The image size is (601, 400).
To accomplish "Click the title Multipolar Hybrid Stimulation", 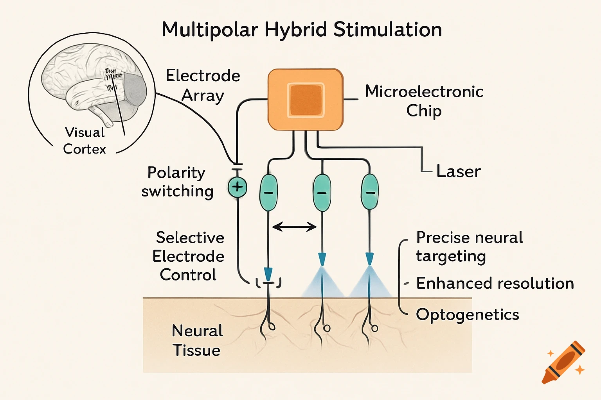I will [302, 30].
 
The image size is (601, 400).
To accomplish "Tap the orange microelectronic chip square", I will [305, 100].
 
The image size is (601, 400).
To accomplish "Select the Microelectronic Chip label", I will [424, 101].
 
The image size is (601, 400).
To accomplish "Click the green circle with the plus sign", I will [238, 187].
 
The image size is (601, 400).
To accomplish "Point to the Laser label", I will [458, 171].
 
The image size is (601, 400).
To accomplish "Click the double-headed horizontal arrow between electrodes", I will [294, 227].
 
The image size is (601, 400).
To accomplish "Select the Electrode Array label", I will [203, 85].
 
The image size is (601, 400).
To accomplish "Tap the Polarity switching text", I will [177, 182].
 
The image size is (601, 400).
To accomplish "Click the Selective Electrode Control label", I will [189, 256].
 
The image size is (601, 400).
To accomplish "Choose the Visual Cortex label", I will [85, 141].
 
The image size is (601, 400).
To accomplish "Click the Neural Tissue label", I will [197, 340].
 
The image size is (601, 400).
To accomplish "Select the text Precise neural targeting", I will [469, 246].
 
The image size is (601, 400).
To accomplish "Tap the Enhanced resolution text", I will [495, 283].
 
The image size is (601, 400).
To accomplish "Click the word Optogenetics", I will [467, 314].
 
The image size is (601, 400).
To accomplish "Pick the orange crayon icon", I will [563, 362].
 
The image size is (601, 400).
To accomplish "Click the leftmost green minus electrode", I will [268, 193].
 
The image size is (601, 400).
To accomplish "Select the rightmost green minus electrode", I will [370, 192].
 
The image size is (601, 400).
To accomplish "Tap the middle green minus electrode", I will [322, 193].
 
